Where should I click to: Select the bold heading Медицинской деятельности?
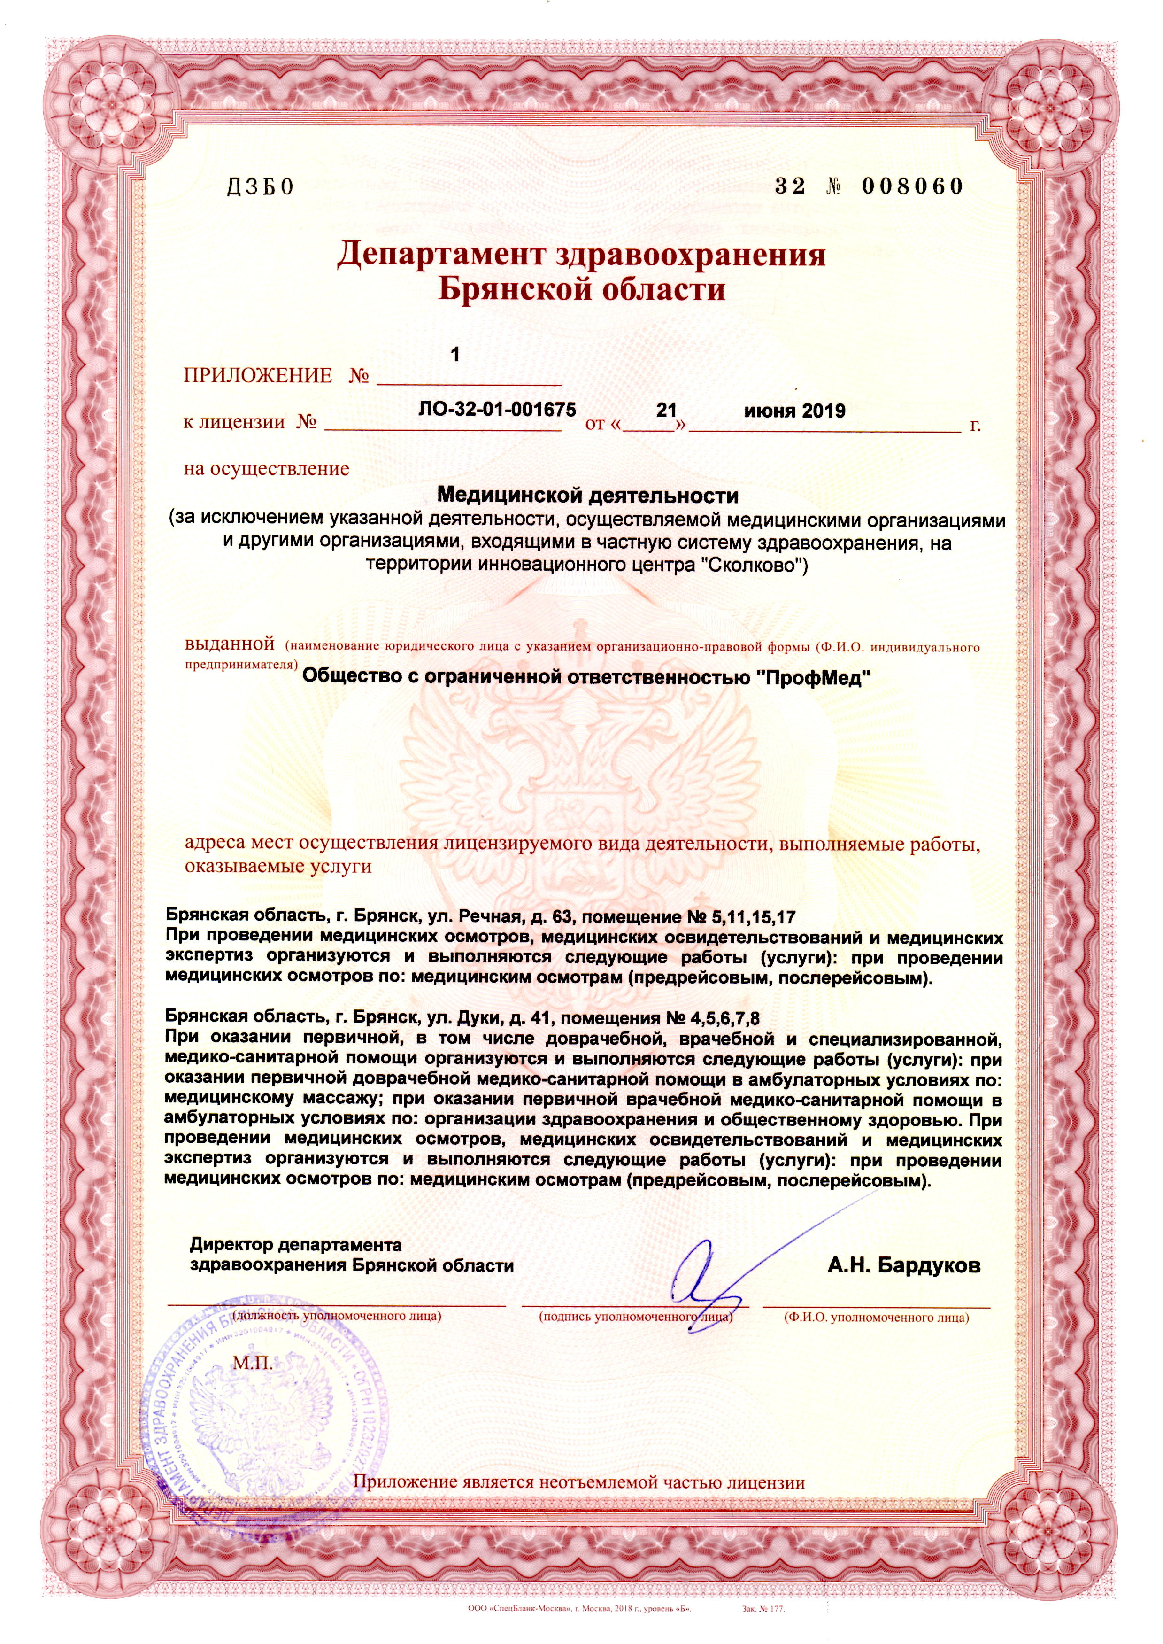pos(587,495)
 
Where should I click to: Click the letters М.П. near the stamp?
pos(252,1363)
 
